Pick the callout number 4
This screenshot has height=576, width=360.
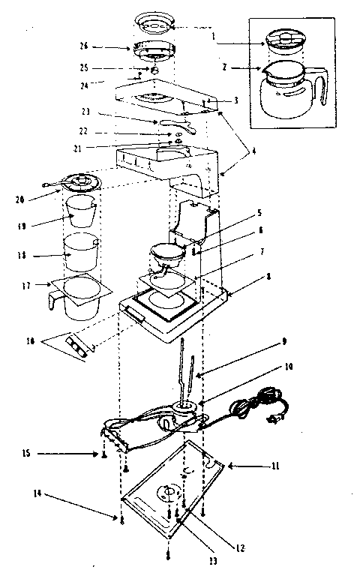tap(253, 151)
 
